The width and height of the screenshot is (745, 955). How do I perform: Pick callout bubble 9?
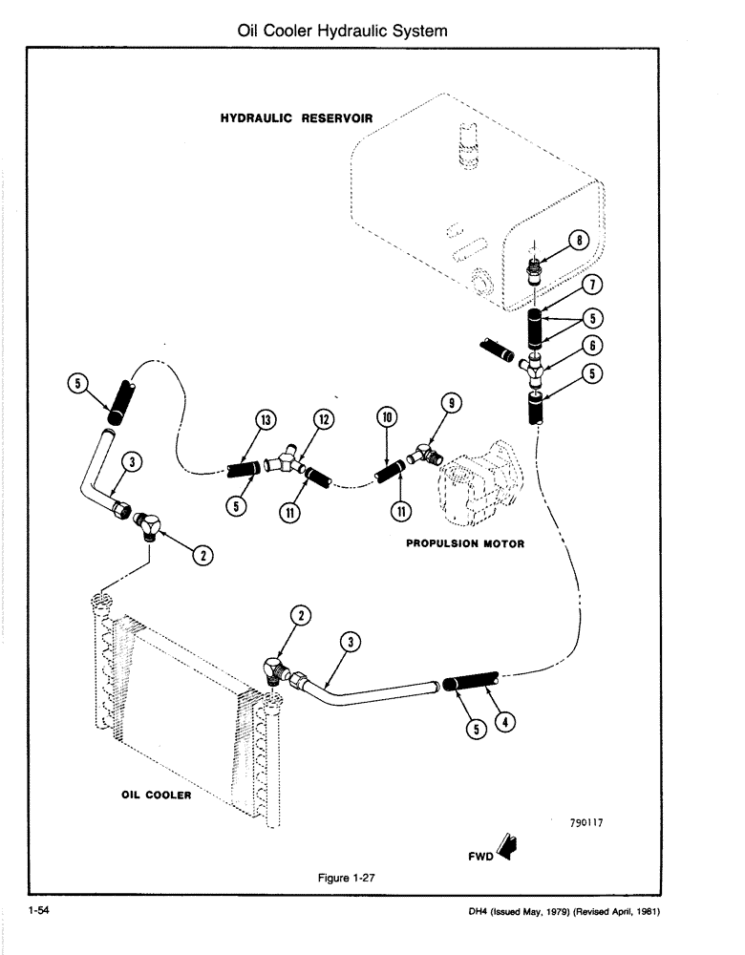coord(448,405)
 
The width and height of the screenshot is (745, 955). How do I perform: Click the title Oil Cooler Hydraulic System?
coord(342,32)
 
